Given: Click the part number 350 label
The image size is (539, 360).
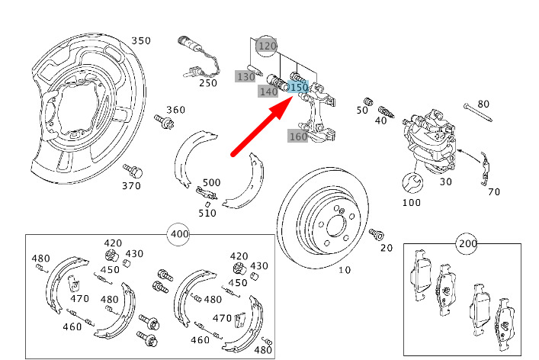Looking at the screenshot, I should [141, 40].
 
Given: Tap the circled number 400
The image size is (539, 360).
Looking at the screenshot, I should [179, 233].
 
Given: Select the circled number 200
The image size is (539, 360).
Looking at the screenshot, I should [467, 244].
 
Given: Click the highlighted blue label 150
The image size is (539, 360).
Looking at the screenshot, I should [299, 88].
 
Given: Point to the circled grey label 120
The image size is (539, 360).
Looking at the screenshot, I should [266, 46].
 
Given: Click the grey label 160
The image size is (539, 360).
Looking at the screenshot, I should [297, 137].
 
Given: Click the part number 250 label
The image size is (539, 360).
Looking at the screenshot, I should [208, 82].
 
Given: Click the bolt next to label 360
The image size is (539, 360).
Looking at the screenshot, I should [162, 121].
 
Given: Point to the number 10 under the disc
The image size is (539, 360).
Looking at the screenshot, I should [345, 270].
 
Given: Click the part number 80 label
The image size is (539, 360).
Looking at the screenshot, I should [483, 104].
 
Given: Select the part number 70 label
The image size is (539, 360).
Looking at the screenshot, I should [494, 191].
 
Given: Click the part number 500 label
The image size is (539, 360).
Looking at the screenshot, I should [211, 183].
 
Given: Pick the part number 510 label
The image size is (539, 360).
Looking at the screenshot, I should [206, 213].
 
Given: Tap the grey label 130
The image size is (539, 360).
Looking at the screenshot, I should [245, 77].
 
